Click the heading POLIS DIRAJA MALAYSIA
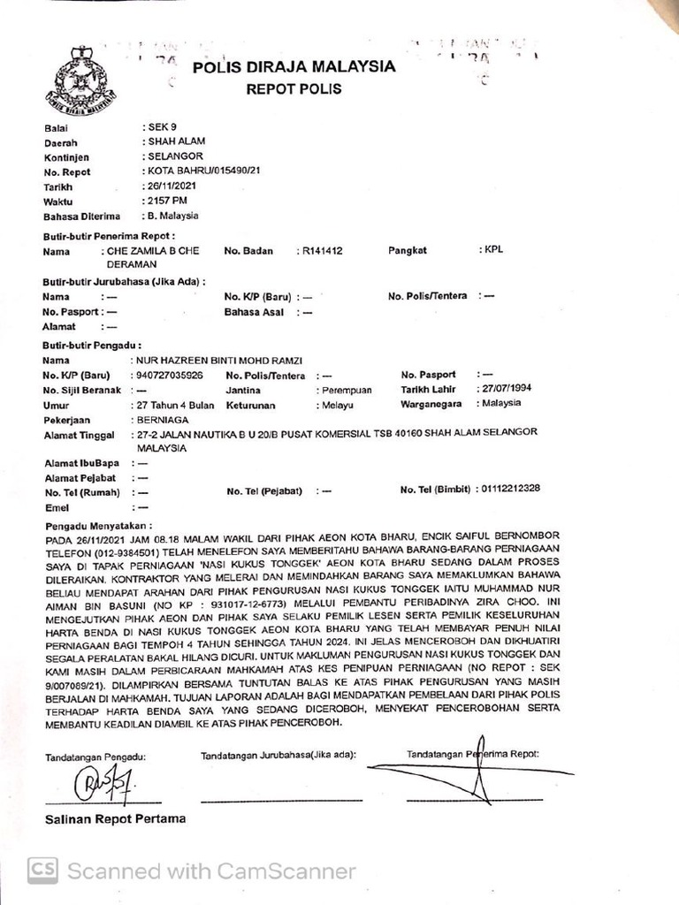(x=294, y=67)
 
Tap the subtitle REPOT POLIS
(x=294, y=89)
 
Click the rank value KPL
(x=492, y=250)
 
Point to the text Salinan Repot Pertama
(x=116, y=819)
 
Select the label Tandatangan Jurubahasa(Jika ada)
(x=278, y=756)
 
